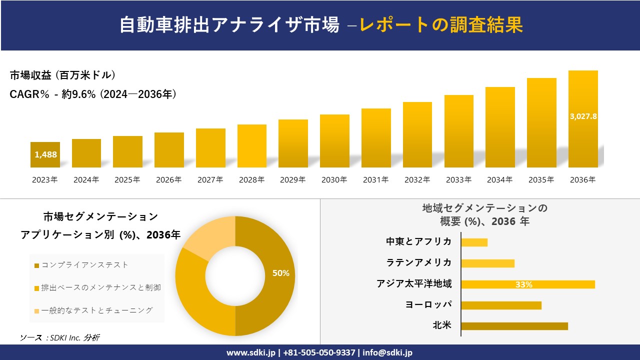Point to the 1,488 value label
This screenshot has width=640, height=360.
[x=45, y=154]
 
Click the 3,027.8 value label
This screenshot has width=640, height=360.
[x=583, y=116]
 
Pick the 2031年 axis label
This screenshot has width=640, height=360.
[x=375, y=180]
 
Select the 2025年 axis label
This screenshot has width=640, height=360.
[x=127, y=180]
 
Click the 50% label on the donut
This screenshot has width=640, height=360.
[x=280, y=273]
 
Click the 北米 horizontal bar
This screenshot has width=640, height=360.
[x=514, y=326]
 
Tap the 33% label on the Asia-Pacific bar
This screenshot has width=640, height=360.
[x=523, y=284]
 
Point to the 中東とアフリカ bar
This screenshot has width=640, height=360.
[x=474, y=242]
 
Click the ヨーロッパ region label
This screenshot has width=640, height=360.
[x=428, y=304]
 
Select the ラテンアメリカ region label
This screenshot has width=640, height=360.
[x=418, y=262]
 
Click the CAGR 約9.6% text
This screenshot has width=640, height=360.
[x=93, y=94]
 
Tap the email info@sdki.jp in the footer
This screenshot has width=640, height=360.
[x=387, y=352]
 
